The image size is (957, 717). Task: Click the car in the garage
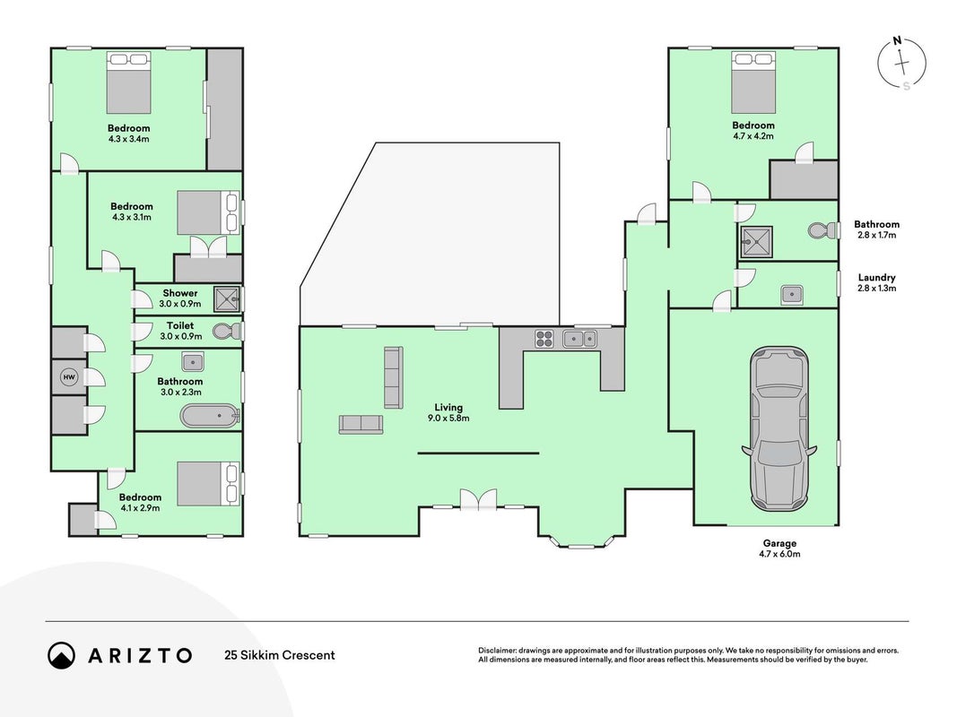pyautogui.click(x=779, y=428)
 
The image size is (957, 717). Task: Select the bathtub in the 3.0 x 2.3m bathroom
pyautogui.click(x=209, y=416)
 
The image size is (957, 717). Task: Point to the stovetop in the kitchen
pyautogui.click(x=544, y=339)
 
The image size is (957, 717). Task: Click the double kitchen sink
pyautogui.click(x=579, y=339)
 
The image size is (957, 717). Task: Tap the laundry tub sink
pyautogui.click(x=792, y=295)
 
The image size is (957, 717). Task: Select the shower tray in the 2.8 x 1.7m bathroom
pyautogui.click(x=756, y=243)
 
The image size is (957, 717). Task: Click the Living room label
pyautogui.click(x=448, y=407)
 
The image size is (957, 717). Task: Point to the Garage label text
pyautogui.click(x=779, y=543)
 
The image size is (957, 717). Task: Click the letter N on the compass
pyautogui.click(x=897, y=41)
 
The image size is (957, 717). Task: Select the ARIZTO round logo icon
pyautogui.click(x=62, y=655)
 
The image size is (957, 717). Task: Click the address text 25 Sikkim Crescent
pyautogui.click(x=280, y=655)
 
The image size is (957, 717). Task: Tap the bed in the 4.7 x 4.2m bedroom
pyautogui.click(x=753, y=82)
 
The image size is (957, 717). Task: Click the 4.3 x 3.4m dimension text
pyautogui.click(x=129, y=139)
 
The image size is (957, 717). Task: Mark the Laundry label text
pyautogui.click(x=876, y=278)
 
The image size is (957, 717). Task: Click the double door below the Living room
pyautogui.click(x=479, y=500)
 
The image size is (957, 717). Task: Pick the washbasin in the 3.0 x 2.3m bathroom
pyautogui.click(x=193, y=362)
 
